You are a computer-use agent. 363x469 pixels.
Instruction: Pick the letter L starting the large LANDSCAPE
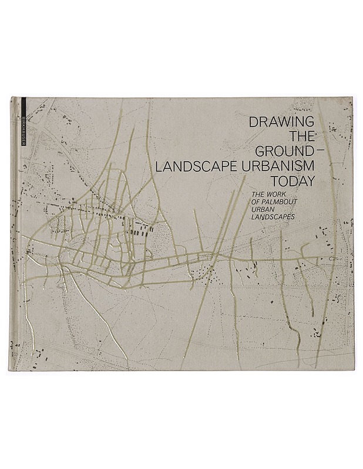(157, 166)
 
